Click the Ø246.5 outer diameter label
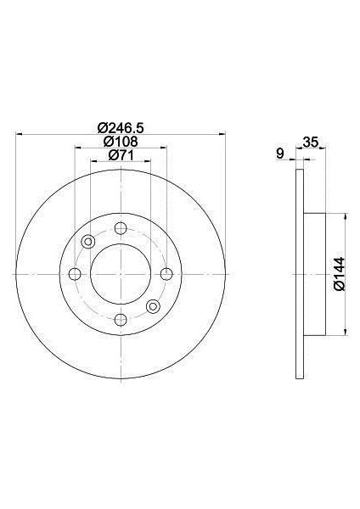pyautogui.click(x=121, y=127)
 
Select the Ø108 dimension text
pyautogui.click(x=121, y=142)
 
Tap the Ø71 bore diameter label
pyautogui.click(x=121, y=155)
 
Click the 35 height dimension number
pyautogui.click(x=310, y=143)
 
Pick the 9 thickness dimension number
pyautogui.click(x=279, y=154)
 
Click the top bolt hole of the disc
pyautogui.click(x=121, y=228)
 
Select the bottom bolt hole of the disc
pyautogui.click(x=121, y=320)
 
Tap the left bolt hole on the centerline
pyautogui.click(x=75, y=274)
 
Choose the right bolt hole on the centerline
pyautogui.click(x=166, y=274)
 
